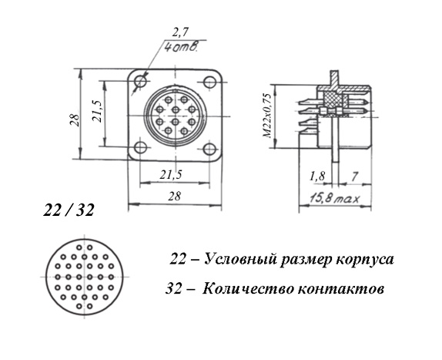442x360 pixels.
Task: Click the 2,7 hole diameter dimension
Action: (180, 33)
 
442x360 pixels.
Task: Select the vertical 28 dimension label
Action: (75, 119)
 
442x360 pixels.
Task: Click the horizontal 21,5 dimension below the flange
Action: (171, 175)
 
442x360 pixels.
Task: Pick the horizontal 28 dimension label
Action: (174, 196)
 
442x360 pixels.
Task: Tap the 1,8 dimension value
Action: (317, 177)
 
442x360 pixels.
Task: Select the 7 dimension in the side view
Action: (355, 177)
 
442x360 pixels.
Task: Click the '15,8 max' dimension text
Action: (335, 198)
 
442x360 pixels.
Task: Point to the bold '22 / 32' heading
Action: (69, 210)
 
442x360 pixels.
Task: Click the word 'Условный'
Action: (240, 259)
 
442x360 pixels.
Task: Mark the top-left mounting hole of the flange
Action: (140, 82)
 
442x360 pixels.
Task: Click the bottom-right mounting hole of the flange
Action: (209, 149)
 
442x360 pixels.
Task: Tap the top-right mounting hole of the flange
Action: (209, 82)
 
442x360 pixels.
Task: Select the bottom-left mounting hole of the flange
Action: (140, 147)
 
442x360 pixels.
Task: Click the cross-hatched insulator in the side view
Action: (336, 102)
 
